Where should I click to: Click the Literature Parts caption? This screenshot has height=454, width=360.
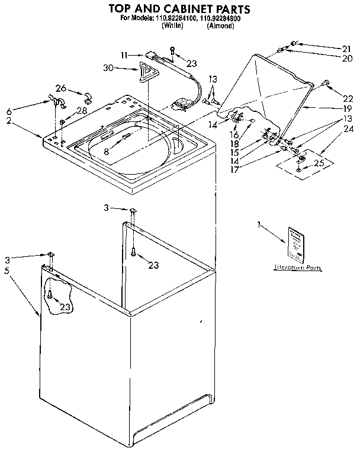[297, 268]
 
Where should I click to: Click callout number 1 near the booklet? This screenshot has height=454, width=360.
[259, 224]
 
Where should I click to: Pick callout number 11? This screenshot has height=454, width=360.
[124, 55]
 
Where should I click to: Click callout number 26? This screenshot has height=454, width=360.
[60, 88]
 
